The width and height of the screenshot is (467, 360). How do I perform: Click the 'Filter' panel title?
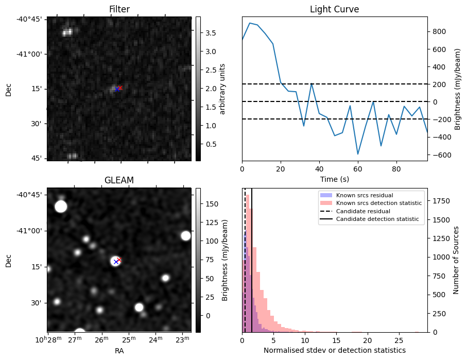[x=119, y=9]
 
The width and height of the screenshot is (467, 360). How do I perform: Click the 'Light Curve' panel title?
[x=334, y=9]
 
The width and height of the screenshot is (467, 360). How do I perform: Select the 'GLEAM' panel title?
[x=119, y=180]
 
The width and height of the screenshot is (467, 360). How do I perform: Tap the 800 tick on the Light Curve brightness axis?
[x=439, y=31]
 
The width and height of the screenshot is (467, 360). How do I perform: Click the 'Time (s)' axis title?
[x=334, y=179]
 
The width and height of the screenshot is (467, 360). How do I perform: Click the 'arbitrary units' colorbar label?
[x=222, y=89]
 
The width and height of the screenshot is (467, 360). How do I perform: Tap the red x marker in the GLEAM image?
[x=119, y=260]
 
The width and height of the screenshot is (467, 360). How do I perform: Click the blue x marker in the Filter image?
[x=117, y=89]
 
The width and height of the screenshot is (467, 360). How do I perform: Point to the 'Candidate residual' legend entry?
[x=361, y=212]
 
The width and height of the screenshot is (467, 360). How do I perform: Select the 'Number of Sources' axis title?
[x=457, y=260]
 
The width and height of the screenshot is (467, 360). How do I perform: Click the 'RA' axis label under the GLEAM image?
[x=119, y=351]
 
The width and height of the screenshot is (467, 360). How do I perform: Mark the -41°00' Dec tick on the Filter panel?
[x=32, y=54]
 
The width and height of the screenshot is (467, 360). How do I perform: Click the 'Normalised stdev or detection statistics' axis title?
[x=334, y=350]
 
